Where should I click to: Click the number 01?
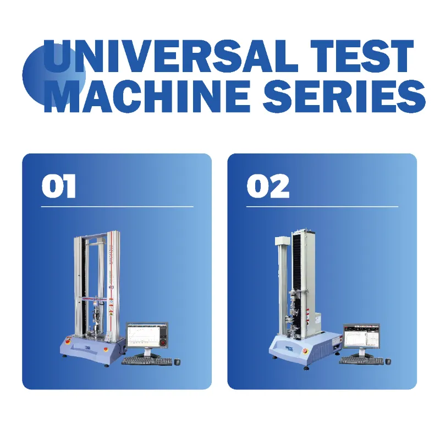59,187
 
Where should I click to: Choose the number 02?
268,187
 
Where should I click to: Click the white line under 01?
117,207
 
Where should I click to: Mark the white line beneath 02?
322,207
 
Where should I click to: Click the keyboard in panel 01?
144,361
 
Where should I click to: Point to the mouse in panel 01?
177,361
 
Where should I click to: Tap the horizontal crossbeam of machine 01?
97,299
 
